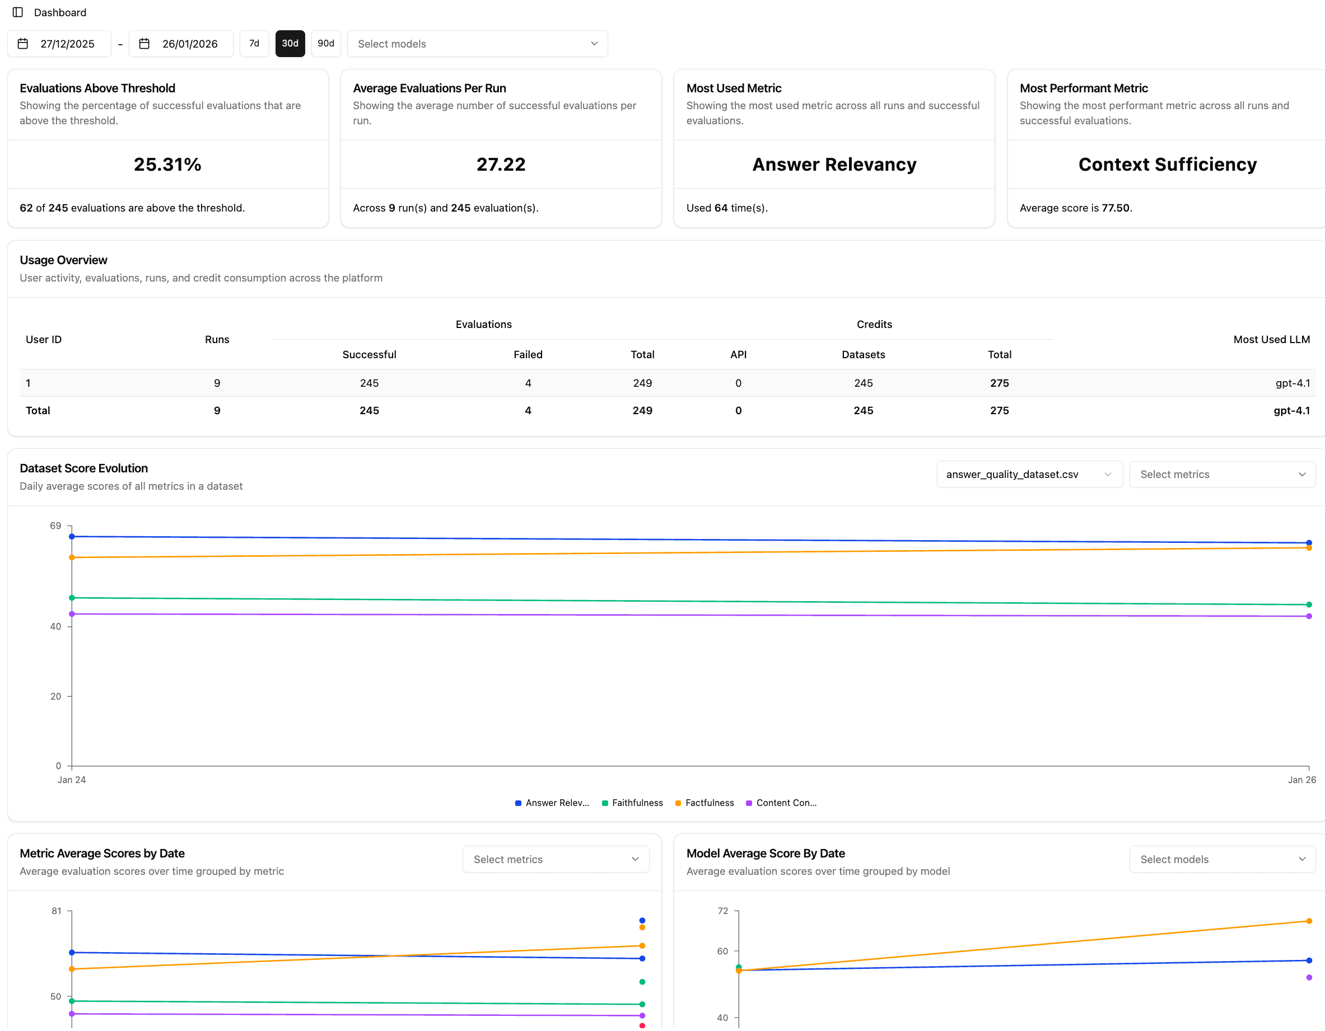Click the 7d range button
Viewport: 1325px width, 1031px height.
point(254,44)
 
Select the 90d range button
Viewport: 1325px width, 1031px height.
point(326,44)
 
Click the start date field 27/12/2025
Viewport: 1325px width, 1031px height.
point(59,44)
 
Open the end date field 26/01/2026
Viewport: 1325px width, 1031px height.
point(181,44)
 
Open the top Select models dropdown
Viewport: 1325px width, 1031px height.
point(477,44)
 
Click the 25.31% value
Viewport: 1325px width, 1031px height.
point(167,165)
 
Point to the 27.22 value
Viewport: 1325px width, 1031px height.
point(501,165)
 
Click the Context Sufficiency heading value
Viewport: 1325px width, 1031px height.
point(1167,165)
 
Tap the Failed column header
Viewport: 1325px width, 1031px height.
point(528,355)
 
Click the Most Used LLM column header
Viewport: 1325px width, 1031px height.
point(1271,340)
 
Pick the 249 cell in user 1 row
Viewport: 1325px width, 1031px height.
point(642,383)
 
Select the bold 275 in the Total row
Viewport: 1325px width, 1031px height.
point(999,411)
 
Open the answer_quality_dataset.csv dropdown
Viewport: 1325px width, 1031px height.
point(1029,474)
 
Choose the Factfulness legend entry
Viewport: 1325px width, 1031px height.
point(708,803)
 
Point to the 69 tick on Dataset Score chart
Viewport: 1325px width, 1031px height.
point(56,526)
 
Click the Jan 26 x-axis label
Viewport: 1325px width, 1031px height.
point(1301,780)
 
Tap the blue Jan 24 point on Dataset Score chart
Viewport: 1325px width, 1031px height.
point(72,537)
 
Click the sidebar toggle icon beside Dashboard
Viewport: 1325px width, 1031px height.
point(17,12)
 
